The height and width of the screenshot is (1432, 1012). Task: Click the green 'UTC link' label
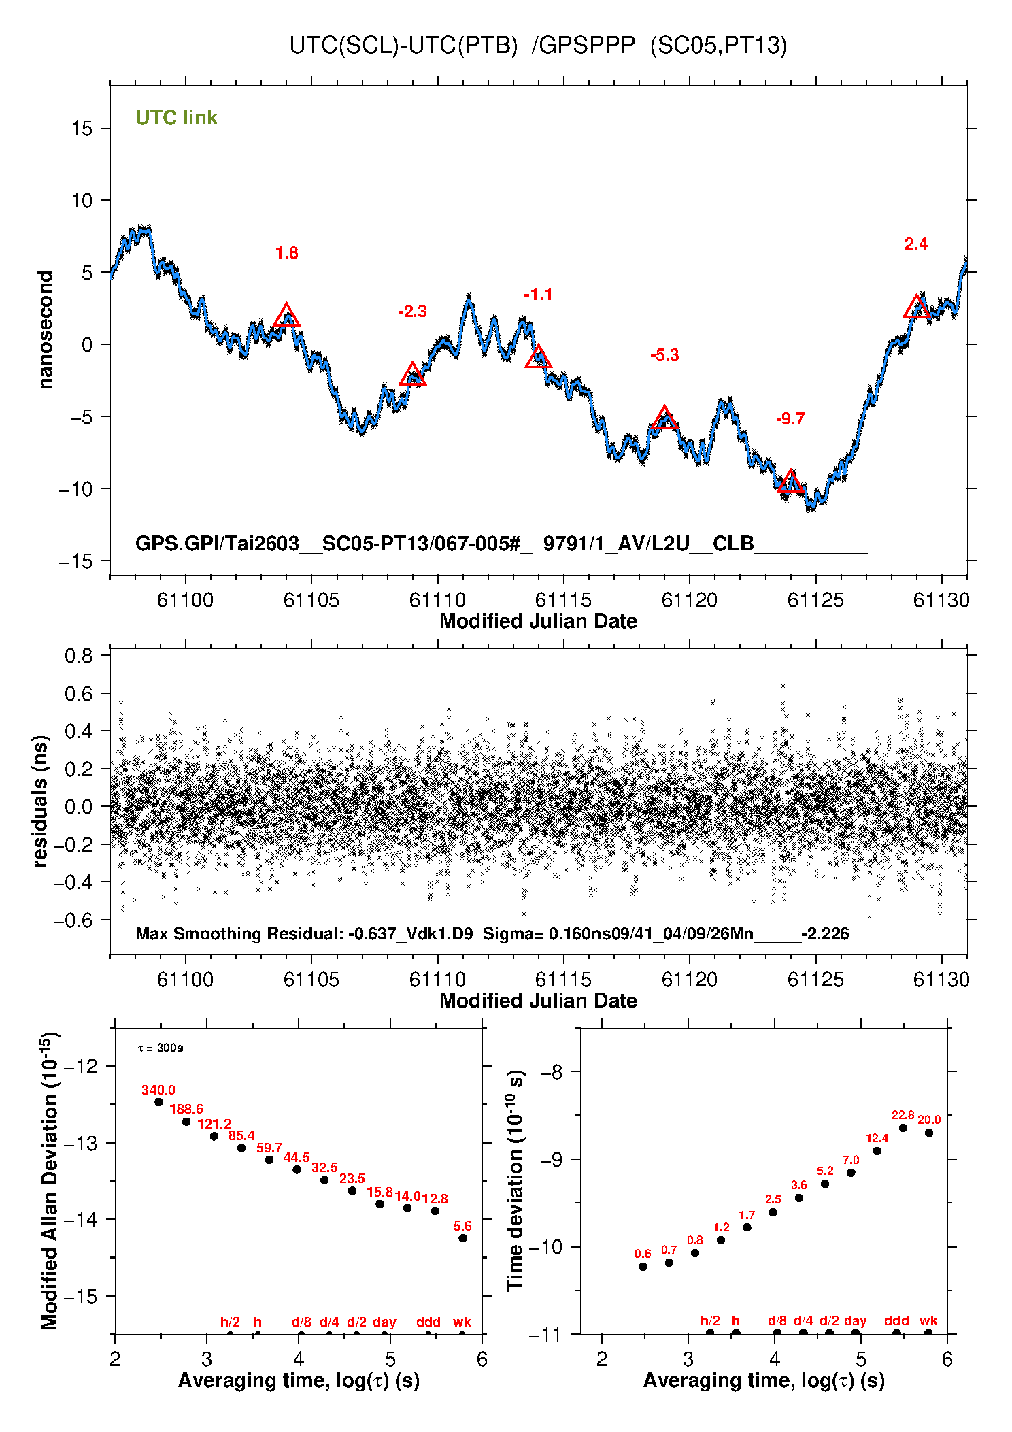click(176, 118)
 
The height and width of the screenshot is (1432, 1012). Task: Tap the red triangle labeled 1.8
click(286, 316)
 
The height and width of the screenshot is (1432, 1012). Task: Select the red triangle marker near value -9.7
click(790, 482)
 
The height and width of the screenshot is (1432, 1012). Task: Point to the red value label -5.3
click(664, 355)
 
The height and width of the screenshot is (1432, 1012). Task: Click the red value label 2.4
click(916, 244)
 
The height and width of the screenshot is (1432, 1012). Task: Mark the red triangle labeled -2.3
click(412, 375)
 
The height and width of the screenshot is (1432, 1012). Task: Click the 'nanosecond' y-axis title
click(45, 330)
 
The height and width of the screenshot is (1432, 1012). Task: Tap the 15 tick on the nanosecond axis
click(82, 129)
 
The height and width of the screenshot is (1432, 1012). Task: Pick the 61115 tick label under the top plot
click(563, 600)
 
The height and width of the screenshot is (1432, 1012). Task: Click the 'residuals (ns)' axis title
click(41, 801)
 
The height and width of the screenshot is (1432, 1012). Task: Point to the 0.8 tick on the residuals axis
click(79, 656)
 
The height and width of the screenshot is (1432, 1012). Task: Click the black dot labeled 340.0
click(158, 1102)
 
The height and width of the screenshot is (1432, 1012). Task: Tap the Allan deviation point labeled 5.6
click(462, 1238)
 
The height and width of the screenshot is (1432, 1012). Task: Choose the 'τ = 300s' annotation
click(161, 1048)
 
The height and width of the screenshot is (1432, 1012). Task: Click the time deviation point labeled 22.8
click(903, 1128)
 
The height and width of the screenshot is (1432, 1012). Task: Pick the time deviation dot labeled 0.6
click(643, 1267)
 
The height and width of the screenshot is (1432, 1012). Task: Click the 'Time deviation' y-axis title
click(516, 1180)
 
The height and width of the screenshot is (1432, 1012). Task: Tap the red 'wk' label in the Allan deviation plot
click(462, 1322)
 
